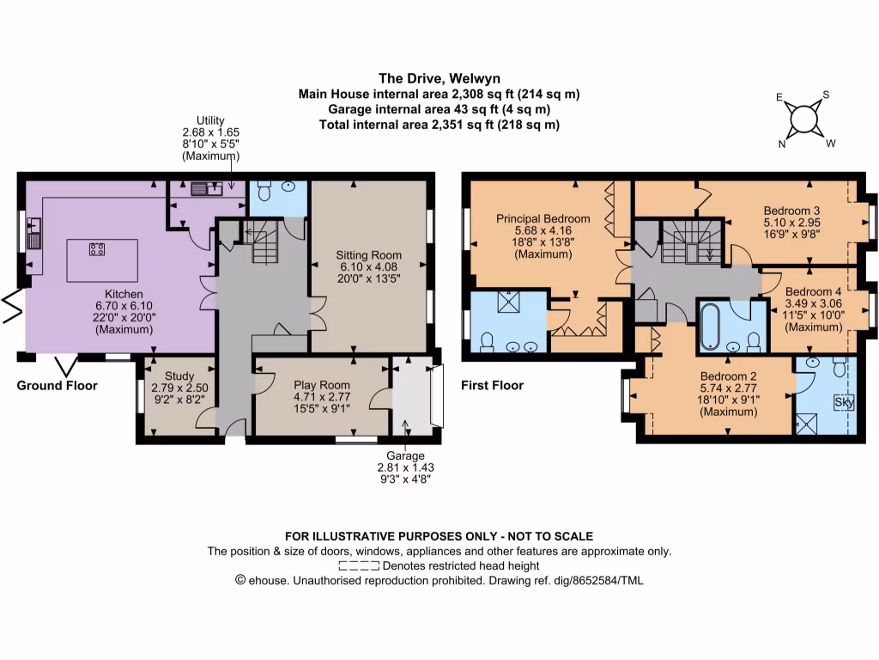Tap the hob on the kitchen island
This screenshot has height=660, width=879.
point(97,248)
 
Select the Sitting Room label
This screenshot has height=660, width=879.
point(368,266)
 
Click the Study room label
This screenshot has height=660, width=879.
point(179,388)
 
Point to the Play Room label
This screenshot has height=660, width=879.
point(322,397)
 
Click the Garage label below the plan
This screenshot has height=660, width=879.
point(405,467)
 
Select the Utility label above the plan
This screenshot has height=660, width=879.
point(210,138)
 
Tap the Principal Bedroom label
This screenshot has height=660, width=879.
point(543,236)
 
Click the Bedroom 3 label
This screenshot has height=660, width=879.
point(791,223)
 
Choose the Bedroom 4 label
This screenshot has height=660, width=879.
point(813,309)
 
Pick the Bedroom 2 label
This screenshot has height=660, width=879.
point(728,394)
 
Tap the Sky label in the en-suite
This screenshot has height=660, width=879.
point(844,402)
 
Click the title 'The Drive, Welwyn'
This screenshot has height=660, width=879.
point(439,78)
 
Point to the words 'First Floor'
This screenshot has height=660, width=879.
point(492,386)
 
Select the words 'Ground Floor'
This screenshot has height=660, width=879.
point(58,386)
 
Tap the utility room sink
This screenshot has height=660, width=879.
point(206,189)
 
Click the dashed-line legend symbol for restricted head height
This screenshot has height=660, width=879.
point(359,565)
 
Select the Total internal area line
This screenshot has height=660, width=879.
point(439,125)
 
